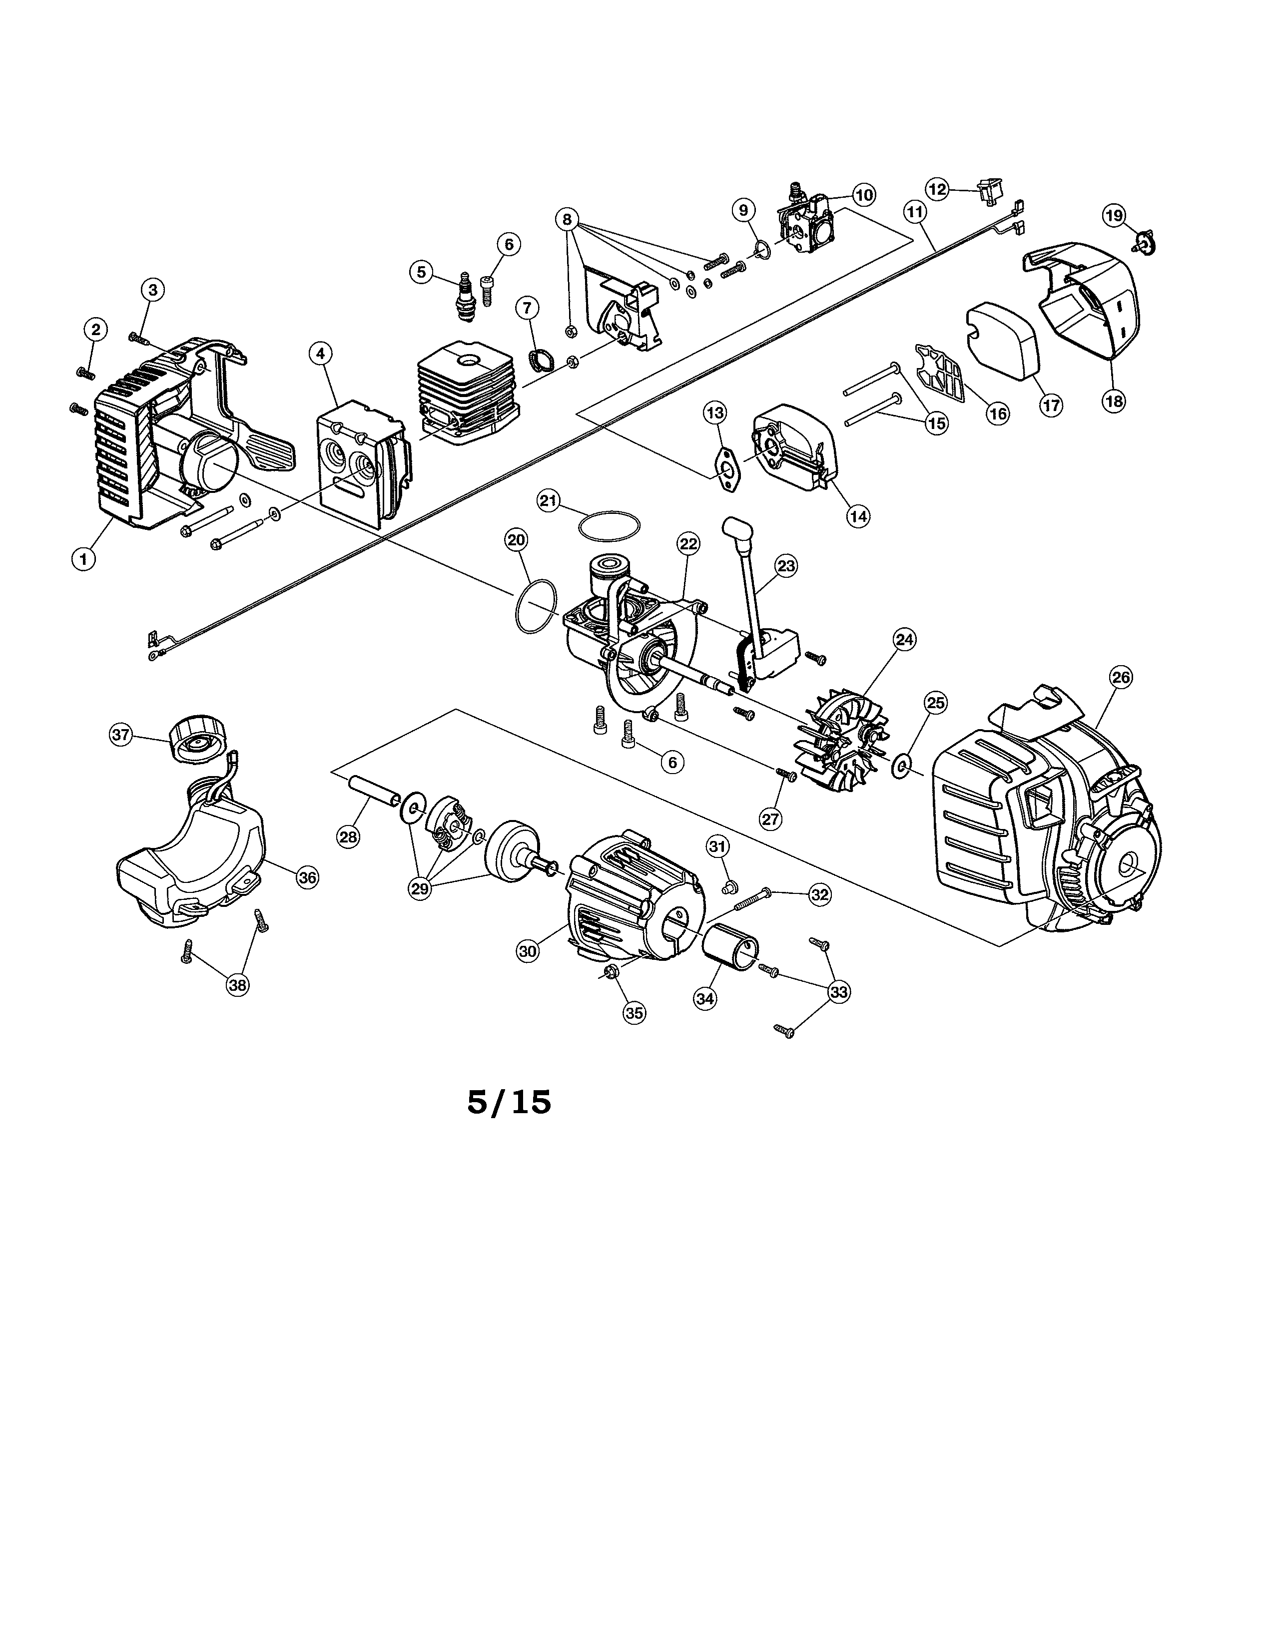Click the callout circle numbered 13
(715, 413)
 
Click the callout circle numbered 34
(705, 998)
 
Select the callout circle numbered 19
(1114, 215)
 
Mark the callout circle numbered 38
(238, 985)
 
